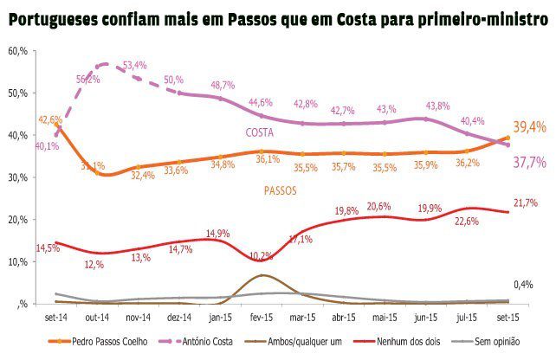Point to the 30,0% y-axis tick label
[x=18, y=177]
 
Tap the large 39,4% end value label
[x=530, y=127]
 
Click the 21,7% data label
[x=525, y=202]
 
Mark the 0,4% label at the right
[x=524, y=284]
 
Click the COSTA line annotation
[x=260, y=132]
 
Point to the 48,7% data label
[x=223, y=85]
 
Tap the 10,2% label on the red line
[x=261, y=254]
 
